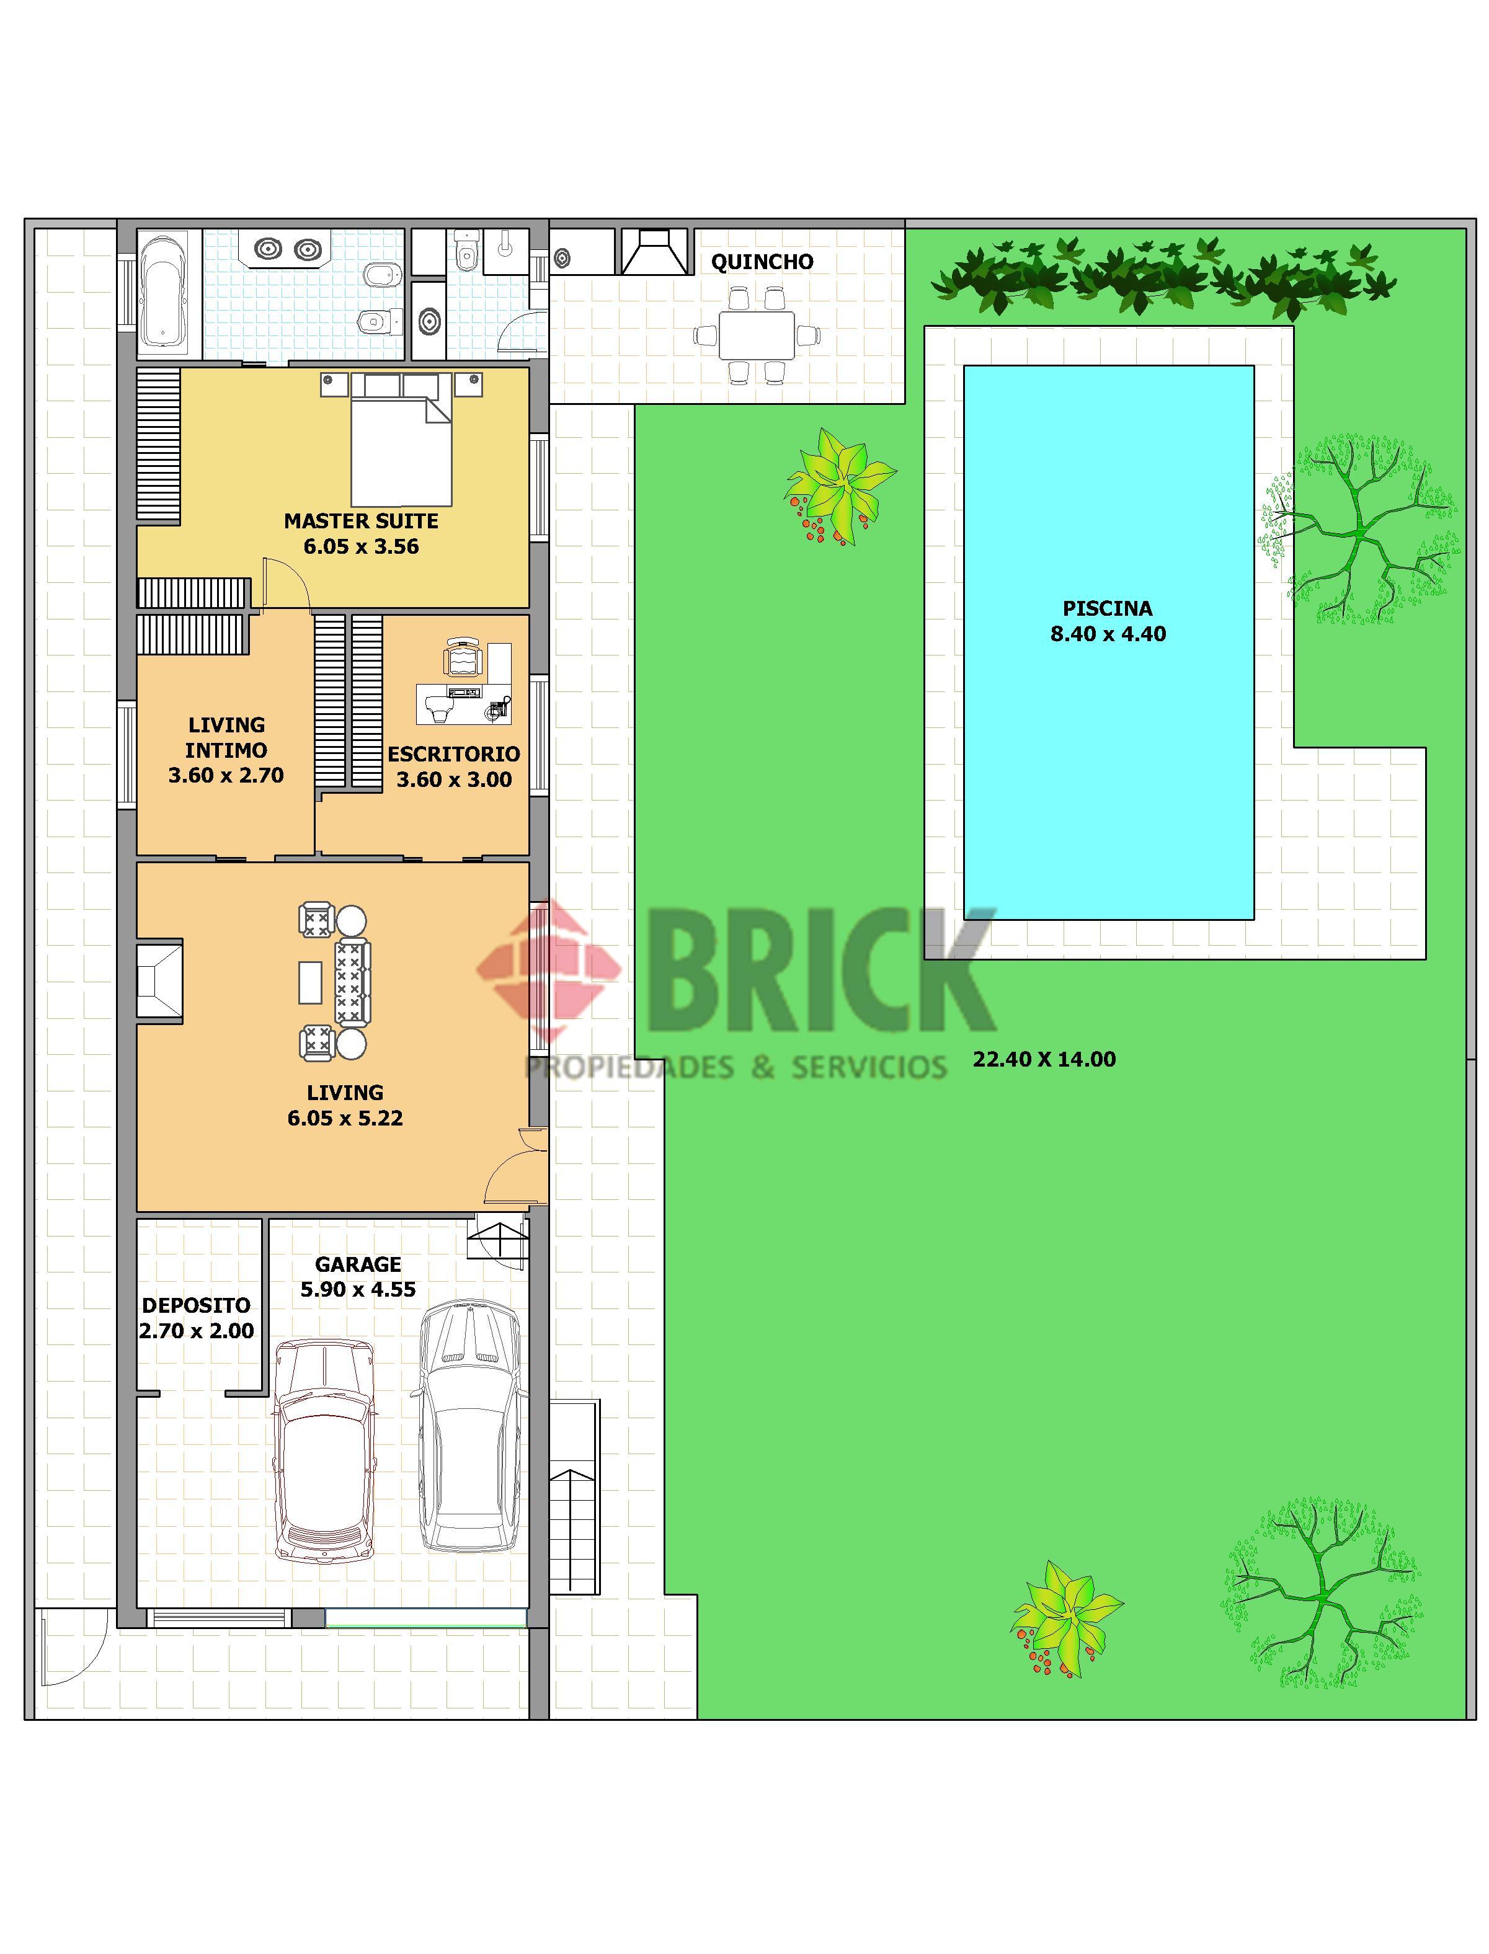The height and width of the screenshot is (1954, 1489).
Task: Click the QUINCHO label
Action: coord(762,262)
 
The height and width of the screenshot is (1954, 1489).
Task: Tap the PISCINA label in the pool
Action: coord(1108,609)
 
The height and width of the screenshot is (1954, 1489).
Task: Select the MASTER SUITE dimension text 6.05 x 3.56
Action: coord(362,547)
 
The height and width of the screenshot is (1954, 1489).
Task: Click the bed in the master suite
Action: coord(401,440)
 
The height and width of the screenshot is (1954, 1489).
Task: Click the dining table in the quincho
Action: coord(756,335)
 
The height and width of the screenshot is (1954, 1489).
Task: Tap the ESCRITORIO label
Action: coord(454,754)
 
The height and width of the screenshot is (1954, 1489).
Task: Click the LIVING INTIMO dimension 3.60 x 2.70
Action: coord(226,775)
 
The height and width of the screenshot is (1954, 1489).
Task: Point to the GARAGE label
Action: coord(358,1264)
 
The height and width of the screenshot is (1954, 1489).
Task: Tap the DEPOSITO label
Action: coord(196,1305)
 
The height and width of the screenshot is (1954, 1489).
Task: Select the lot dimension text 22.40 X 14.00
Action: coord(1044,1059)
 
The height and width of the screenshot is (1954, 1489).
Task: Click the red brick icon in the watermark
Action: coord(549,969)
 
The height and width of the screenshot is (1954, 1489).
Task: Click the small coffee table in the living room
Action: coord(310,982)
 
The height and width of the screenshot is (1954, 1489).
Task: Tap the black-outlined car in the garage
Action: coord(468,1426)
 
